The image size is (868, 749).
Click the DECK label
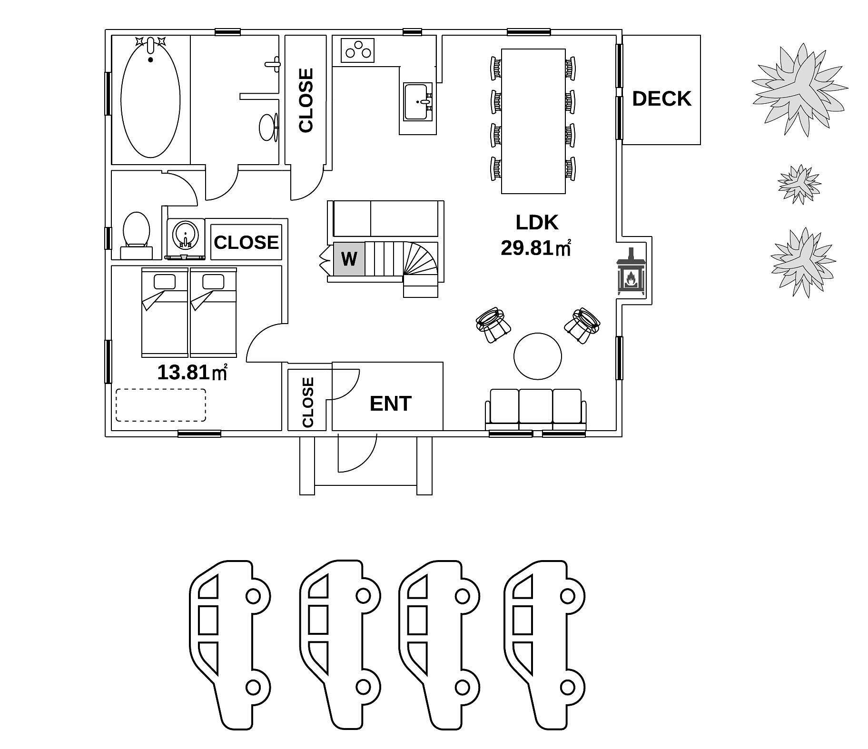point(661,99)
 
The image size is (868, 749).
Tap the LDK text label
point(537,222)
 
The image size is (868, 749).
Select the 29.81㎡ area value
point(536,248)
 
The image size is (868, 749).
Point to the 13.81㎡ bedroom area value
point(192,372)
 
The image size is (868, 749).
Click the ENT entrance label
point(390,404)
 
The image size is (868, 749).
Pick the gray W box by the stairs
point(349,259)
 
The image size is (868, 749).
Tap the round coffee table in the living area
point(538,356)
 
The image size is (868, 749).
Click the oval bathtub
point(150,98)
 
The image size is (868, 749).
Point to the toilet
point(137,235)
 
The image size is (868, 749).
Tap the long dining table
point(533,121)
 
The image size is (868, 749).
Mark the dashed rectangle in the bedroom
point(161,405)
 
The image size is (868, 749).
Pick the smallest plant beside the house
point(800,184)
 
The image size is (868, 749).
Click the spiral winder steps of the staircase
point(421,259)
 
